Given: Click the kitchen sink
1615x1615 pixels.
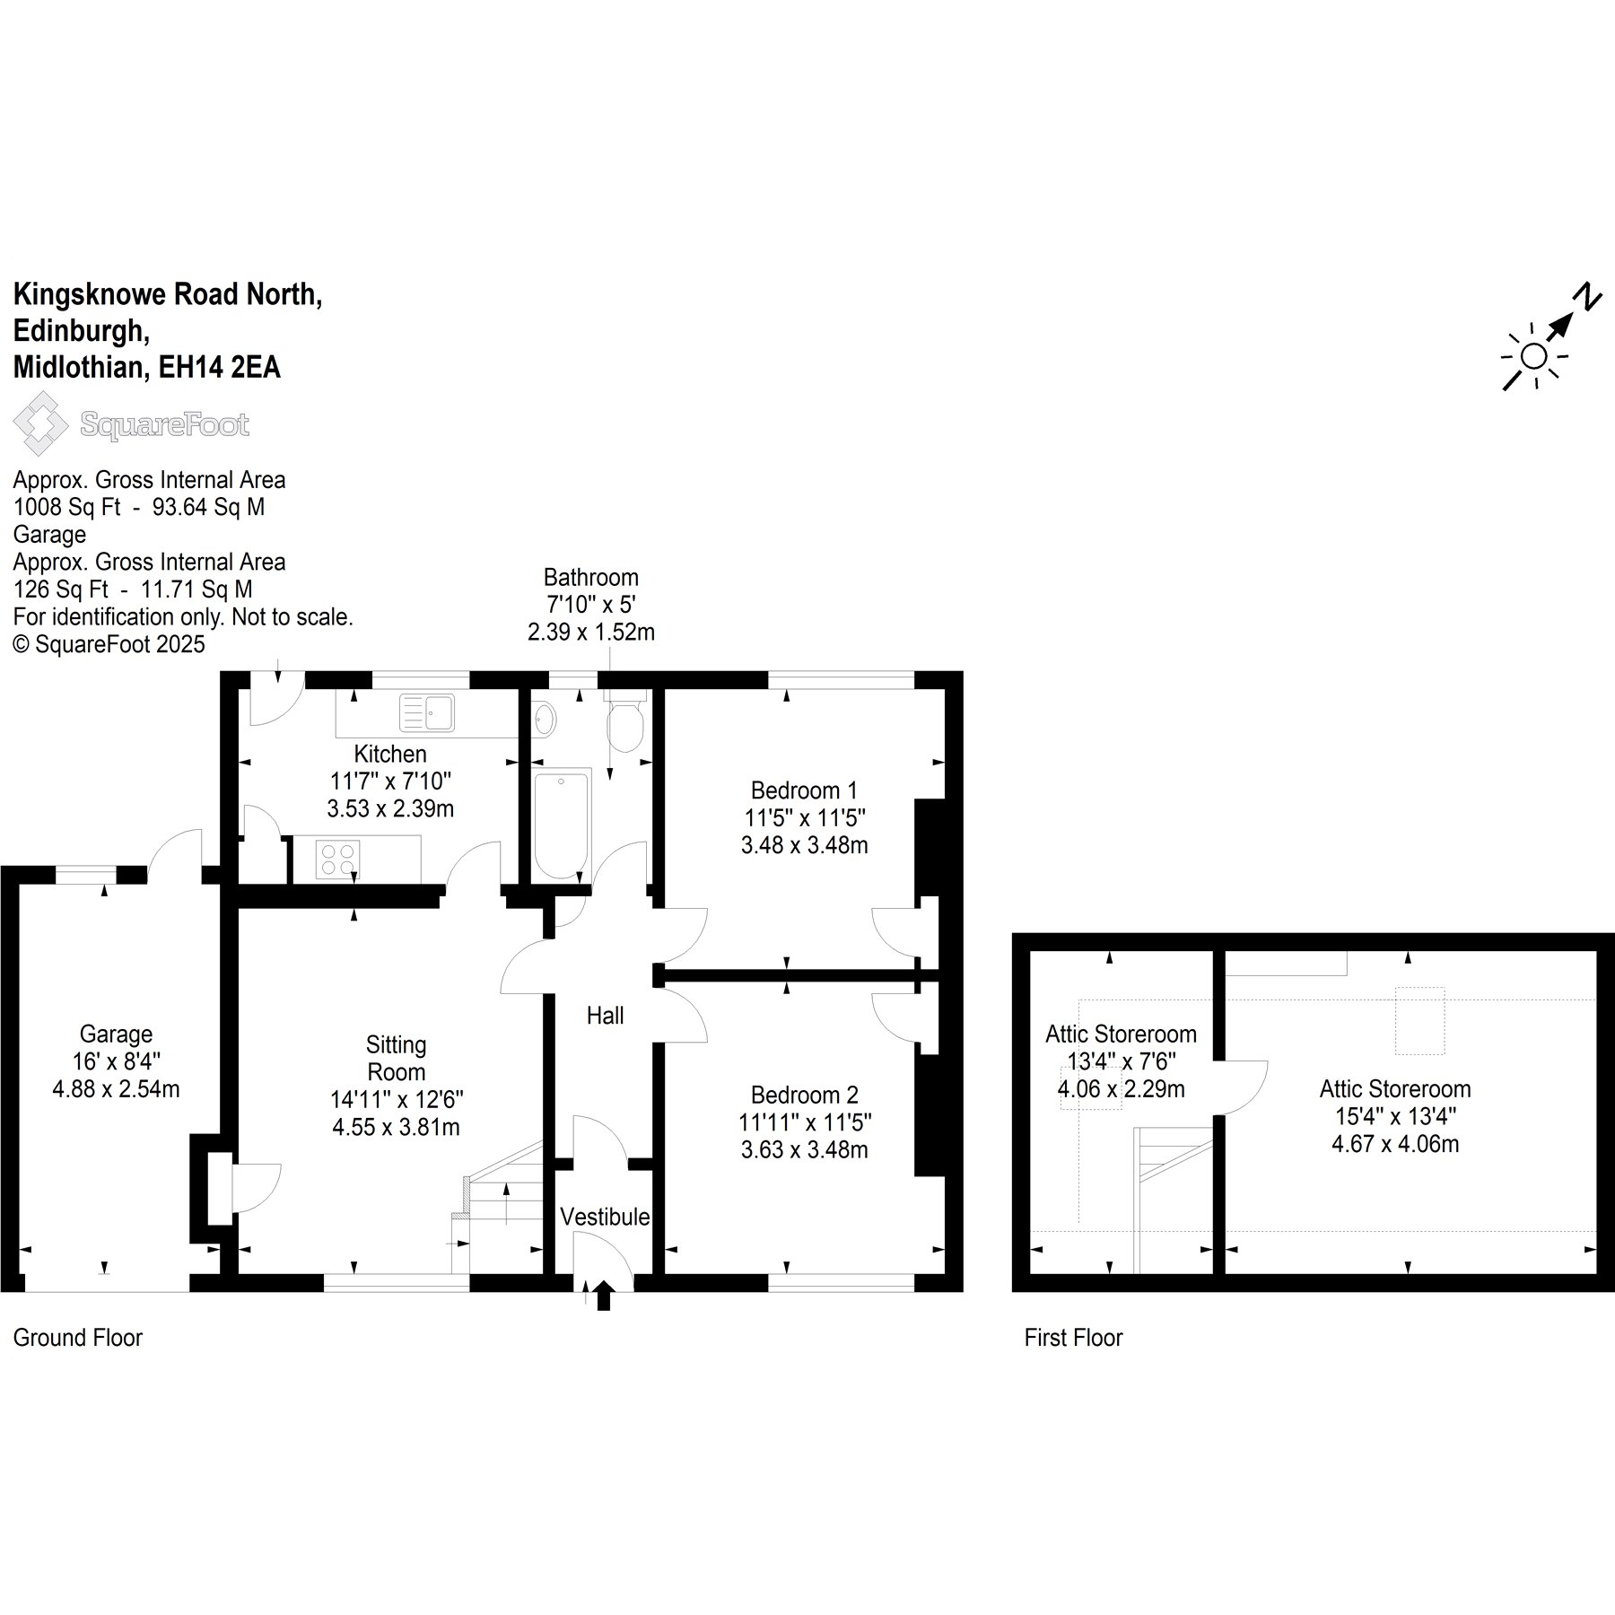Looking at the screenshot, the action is coord(427,713).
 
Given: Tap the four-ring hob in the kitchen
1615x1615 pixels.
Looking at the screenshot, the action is coord(338,858).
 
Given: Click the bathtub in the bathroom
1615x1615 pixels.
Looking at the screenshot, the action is coord(563,825).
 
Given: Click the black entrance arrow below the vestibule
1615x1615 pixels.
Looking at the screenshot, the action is coord(604,1296).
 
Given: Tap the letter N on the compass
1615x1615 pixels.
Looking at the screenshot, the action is coord(1589,296).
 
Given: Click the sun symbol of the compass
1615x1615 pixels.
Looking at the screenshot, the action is coord(1534,356).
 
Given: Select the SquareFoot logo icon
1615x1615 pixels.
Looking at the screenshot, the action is coord(40,423).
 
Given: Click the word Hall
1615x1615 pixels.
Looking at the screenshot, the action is coord(605,1015).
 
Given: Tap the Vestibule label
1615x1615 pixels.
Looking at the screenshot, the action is coord(605,1216).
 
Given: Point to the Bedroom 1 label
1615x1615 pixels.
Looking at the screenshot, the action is coord(804,790).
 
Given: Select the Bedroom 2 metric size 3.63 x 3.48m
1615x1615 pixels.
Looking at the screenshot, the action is coord(805,1149).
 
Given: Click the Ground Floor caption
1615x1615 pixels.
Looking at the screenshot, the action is coord(78,1338).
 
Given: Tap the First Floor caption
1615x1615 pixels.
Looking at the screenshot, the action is coord(1074,1338).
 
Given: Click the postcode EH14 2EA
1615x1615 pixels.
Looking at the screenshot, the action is coord(219,367).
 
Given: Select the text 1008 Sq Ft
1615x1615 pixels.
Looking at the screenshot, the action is coord(66,507).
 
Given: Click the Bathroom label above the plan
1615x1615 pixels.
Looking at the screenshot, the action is coord(591,577).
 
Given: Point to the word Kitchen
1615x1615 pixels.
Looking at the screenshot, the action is coord(390,754).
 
